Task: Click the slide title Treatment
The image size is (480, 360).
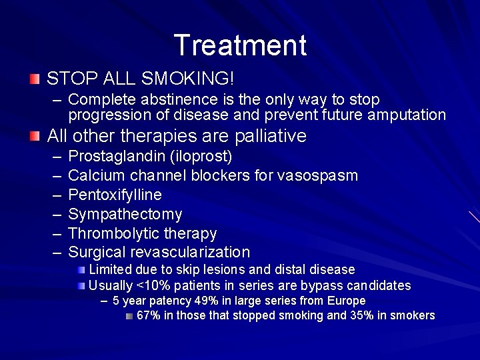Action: [x=240, y=45]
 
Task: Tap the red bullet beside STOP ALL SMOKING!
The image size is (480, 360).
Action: [x=35, y=79]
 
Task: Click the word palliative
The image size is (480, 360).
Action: [x=271, y=136]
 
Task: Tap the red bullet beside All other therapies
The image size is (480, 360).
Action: [x=35, y=136]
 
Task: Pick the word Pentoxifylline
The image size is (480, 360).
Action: [x=115, y=195]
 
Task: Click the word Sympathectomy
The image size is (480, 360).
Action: [x=125, y=214]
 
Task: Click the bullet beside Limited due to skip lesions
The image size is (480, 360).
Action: [x=81, y=270]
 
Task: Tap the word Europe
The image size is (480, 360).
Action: [x=348, y=301]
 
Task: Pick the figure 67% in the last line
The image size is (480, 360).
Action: [x=148, y=315]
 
